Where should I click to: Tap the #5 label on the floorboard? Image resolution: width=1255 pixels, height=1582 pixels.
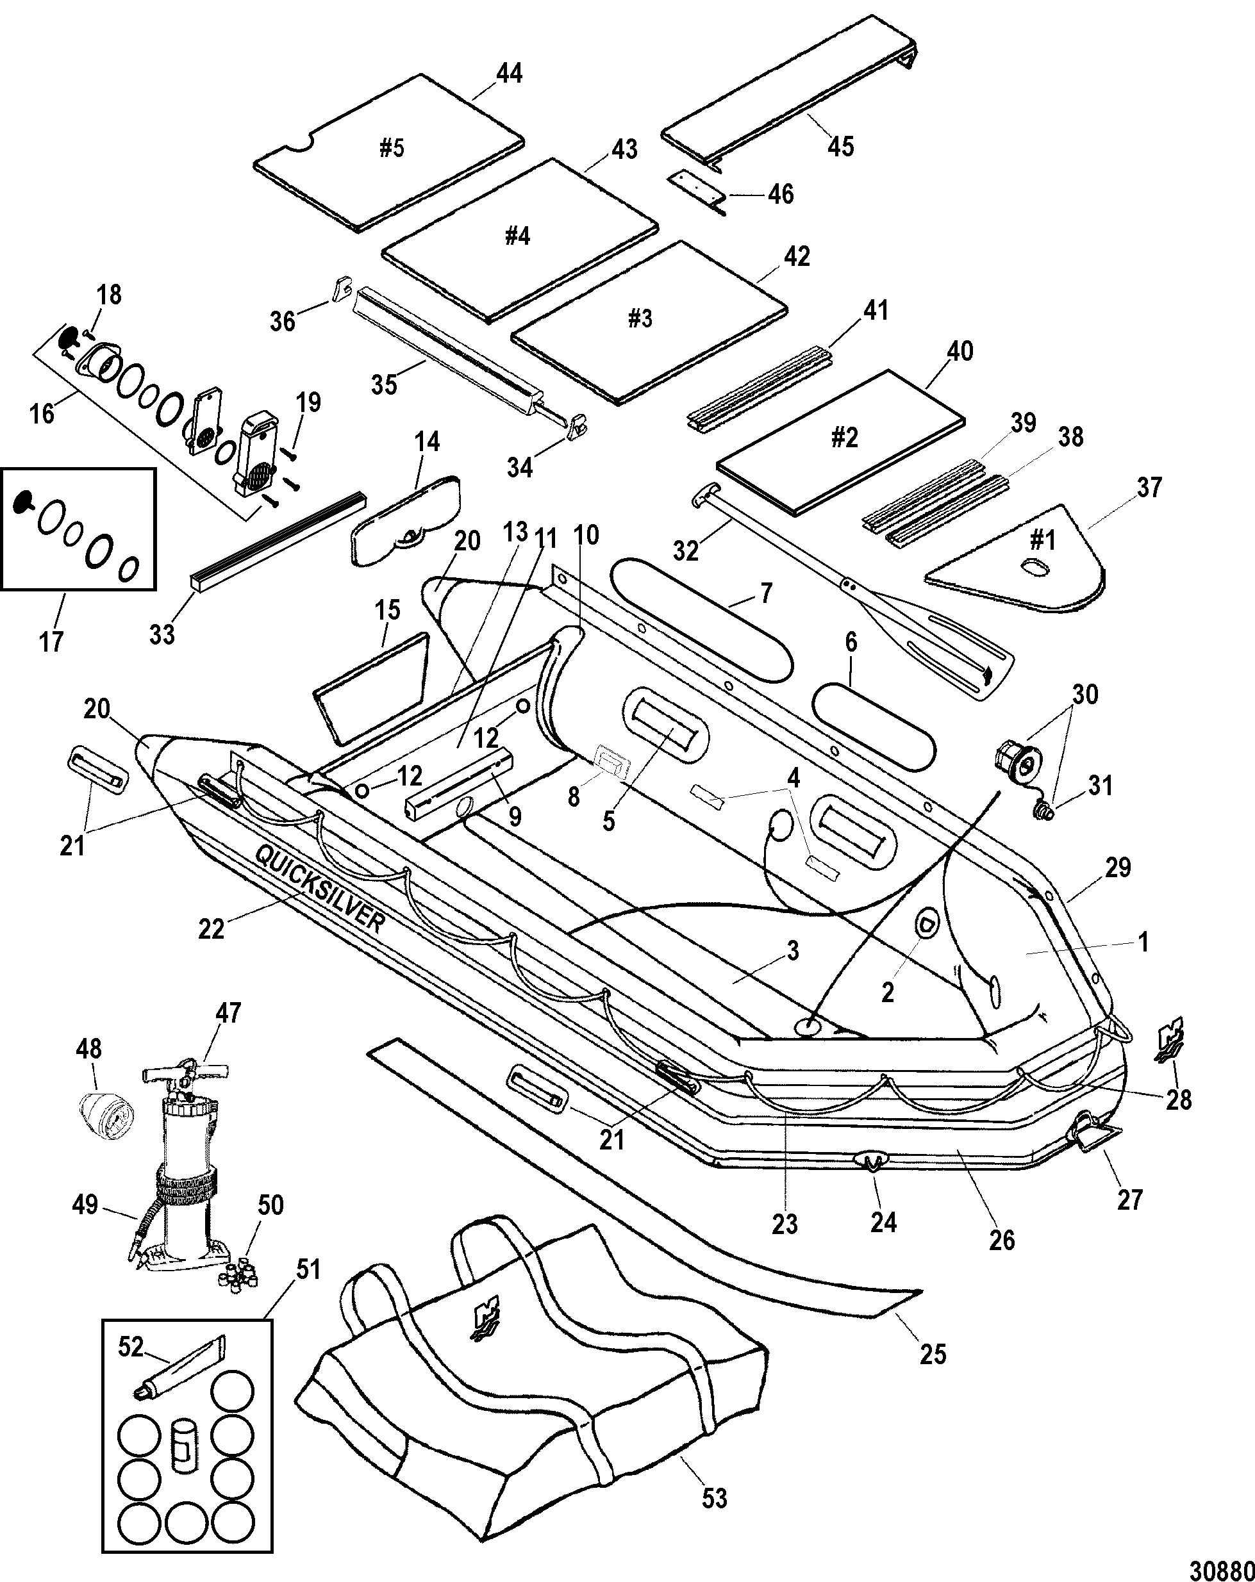[x=392, y=148]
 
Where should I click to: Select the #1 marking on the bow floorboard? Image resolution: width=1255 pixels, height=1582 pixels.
[x=1043, y=540]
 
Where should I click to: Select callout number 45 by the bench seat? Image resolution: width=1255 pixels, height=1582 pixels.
[x=841, y=146]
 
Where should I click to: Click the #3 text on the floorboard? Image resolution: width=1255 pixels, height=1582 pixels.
[x=640, y=318]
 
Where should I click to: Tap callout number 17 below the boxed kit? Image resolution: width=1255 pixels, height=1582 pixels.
[x=51, y=641]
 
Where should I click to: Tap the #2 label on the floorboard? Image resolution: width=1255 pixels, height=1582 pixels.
[x=844, y=438]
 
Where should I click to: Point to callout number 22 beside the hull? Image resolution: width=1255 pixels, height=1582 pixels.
[x=212, y=928]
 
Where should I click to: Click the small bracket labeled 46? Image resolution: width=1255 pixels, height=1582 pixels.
[x=699, y=192]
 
